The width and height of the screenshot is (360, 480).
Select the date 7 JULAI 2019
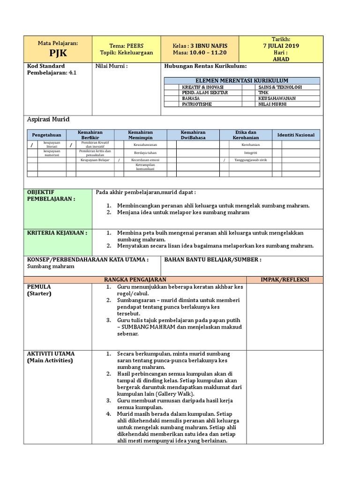click(281, 46)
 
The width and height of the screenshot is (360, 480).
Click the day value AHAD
click(281, 59)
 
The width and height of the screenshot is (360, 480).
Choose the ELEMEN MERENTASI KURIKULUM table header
click(241, 81)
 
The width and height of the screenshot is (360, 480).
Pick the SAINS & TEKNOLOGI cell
click(280, 87)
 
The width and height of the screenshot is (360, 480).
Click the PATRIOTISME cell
click(197, 104)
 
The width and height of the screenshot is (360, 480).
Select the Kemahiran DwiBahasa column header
click(193, 135)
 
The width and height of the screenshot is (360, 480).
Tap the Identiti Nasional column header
click(296, 135)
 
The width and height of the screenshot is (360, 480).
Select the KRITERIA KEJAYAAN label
click(57, 232)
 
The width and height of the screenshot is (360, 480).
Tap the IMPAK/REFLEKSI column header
click(285, 279)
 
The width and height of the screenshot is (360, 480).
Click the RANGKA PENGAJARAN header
click(135, 279)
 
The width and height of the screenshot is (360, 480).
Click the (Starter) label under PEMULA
click(39, 293)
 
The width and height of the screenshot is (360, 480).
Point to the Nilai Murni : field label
click(112, 66)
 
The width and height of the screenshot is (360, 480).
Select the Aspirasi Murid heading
click(48, 120)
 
